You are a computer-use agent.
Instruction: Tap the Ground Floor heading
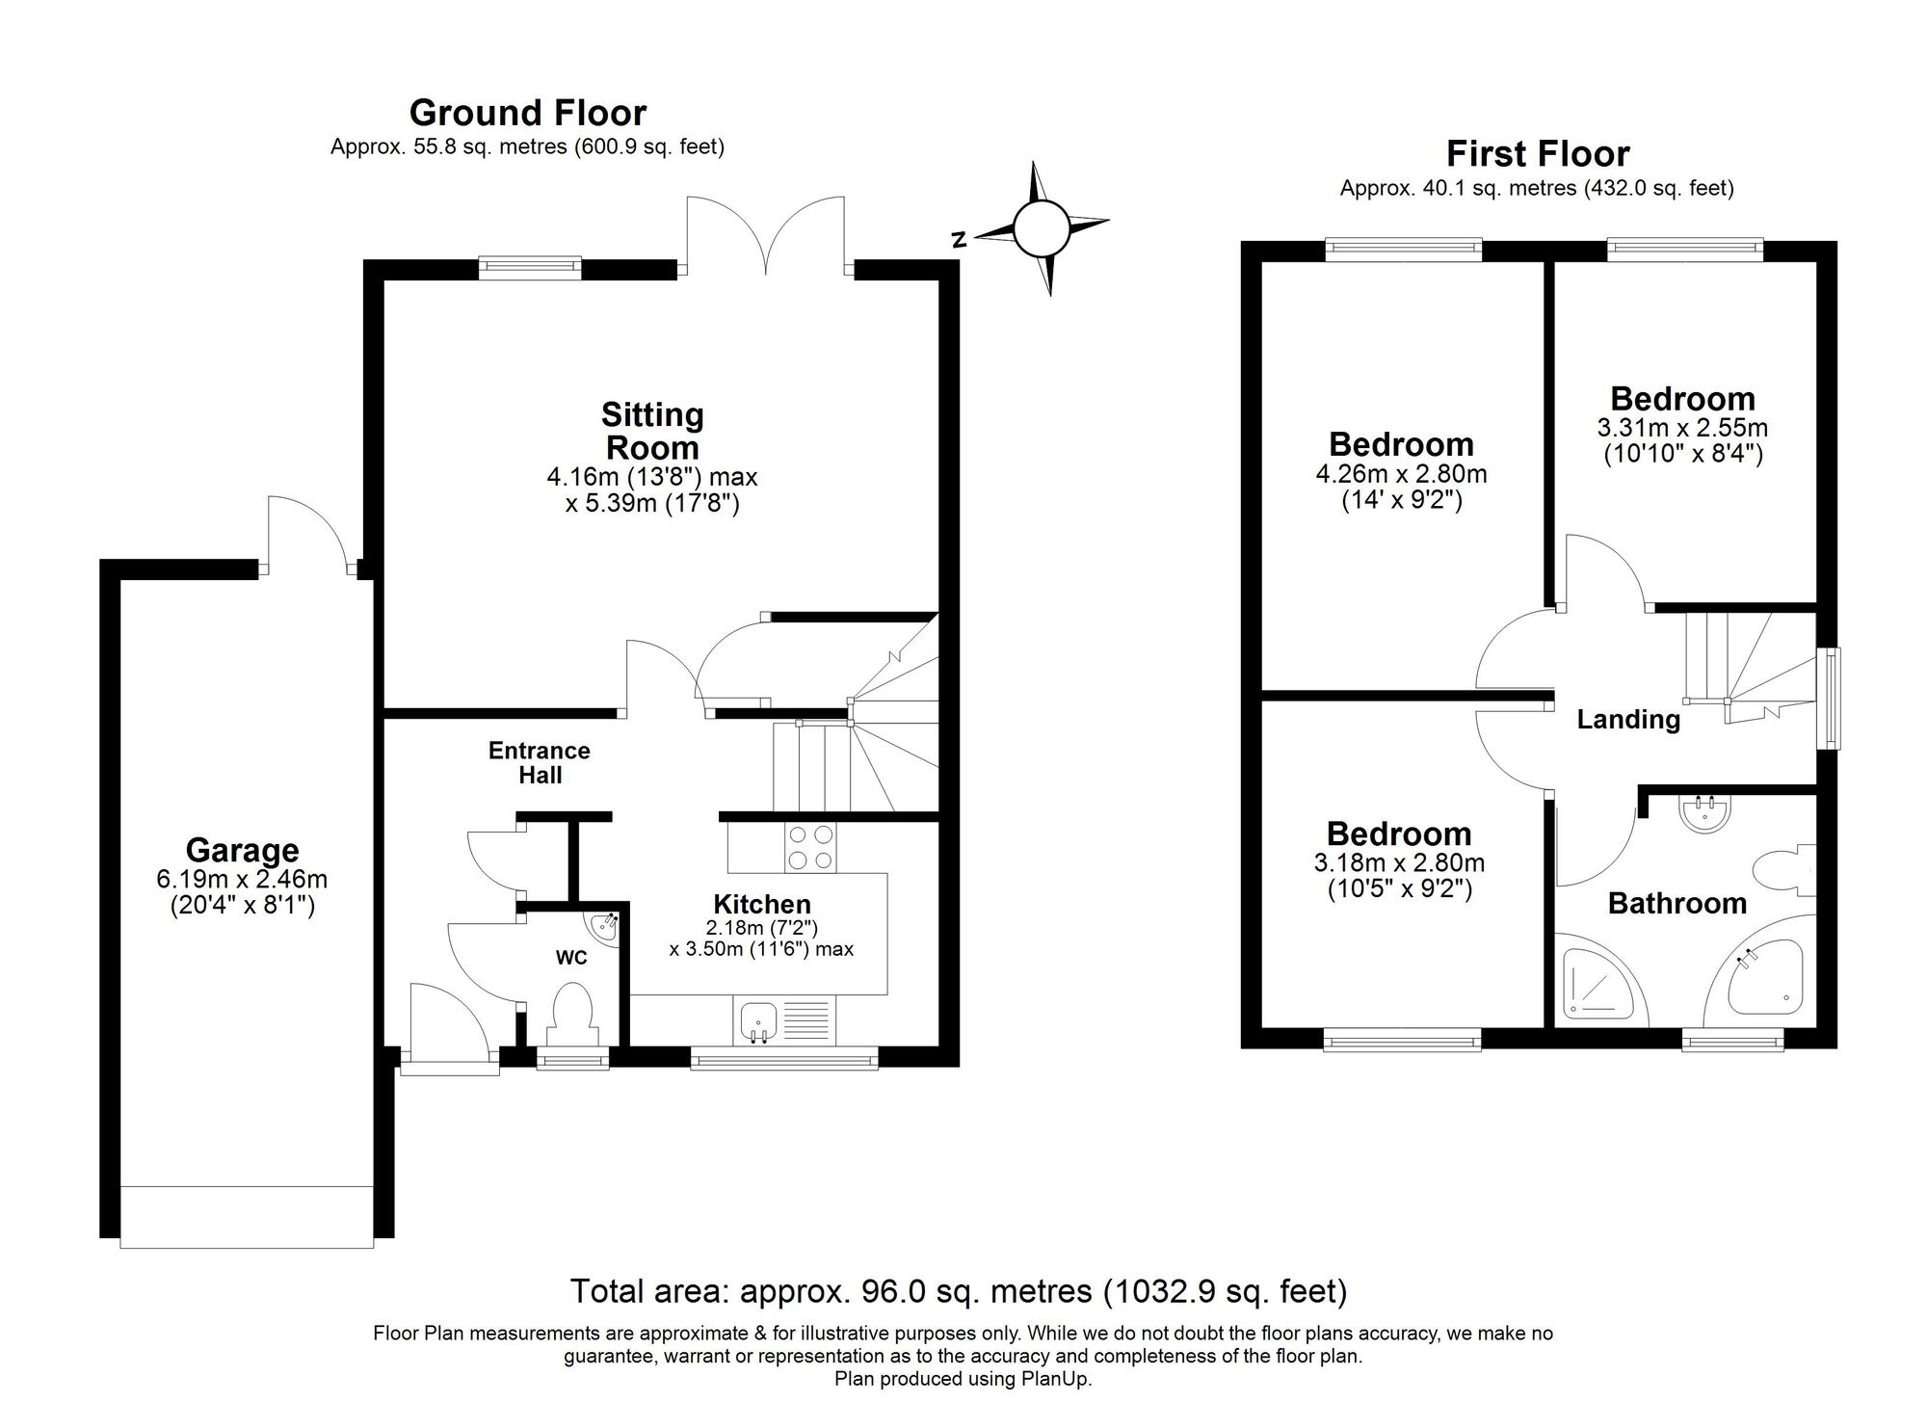528,113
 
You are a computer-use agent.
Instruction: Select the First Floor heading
1538,154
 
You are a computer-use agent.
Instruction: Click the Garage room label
243,850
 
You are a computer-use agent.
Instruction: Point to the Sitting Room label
652,431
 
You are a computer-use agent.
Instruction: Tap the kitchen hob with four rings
810,848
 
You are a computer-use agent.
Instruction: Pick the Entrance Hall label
540,762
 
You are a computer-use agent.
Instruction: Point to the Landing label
1628,719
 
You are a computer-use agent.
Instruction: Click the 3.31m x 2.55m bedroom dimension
1682,440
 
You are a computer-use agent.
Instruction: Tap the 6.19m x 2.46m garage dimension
242,892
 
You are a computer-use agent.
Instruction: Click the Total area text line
959,1290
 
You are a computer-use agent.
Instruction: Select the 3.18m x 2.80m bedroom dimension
1399,875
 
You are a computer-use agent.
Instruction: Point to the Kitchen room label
762,904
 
